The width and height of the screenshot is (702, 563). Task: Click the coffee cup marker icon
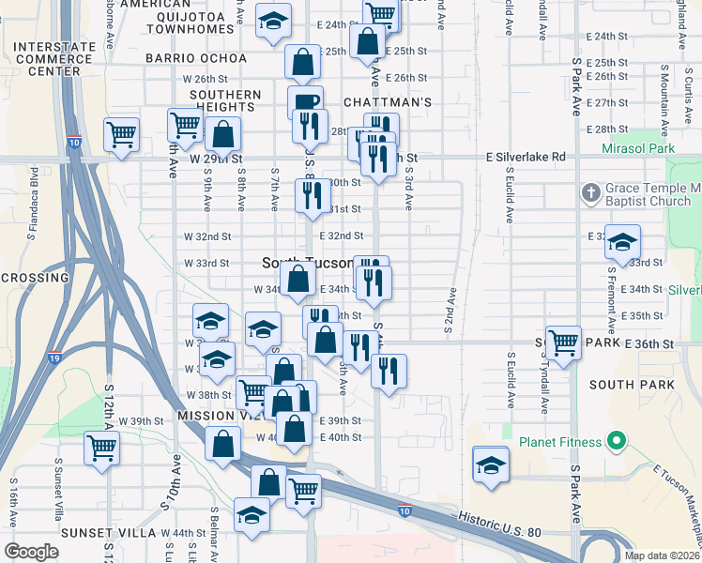pyautogui.click(x=305, y=101)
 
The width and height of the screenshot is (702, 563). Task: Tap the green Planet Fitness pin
pyautogui.click(x=616, y=439)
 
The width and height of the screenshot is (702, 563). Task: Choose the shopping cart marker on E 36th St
pyautogui.click(x=563, y=342)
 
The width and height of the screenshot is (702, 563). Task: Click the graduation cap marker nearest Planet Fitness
pyautogui.click(x=491, y=466)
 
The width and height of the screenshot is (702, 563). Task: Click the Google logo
pyautogui.click(x=31, y=552)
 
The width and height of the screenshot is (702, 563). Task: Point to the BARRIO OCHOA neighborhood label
pyautogui.click(x=196, y=58)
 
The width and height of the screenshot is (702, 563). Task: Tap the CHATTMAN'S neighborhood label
pyautogui.click(x=387, y=101)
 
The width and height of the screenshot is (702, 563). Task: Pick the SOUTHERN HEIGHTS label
pyautogui.click(x=225, y=100)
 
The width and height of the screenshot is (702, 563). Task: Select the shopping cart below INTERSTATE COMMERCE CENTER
pyautogui.click(x=122, y=135)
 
